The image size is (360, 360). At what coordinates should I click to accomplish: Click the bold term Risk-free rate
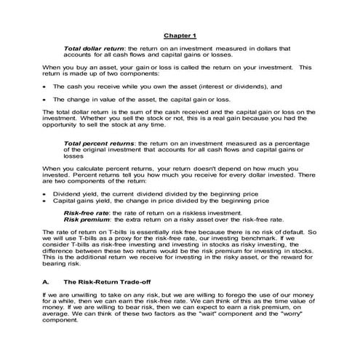[x=88, y=212]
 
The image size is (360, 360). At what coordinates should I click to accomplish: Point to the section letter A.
[x=46, y=280]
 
